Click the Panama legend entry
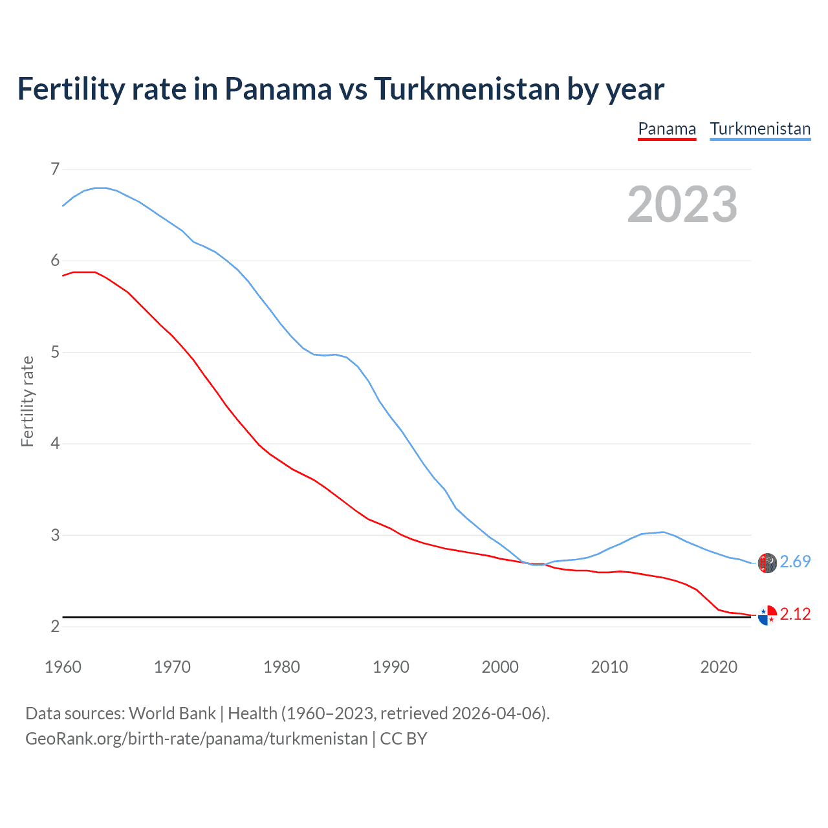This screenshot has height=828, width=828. pos(667,129)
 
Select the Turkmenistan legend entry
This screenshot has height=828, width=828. pos(760,129)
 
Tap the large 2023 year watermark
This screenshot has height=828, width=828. pos(682,204)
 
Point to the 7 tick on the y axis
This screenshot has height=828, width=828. pos(55,169)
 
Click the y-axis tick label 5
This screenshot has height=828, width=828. pos(55,353)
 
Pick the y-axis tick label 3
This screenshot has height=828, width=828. pos(55,536)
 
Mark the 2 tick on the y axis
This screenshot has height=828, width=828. pos(55,627)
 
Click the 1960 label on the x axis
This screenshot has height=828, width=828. pos(63,667)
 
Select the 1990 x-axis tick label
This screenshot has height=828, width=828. pos(391,667)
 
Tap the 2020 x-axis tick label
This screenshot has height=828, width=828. pos(719,667)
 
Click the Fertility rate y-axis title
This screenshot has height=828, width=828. pos(27,401)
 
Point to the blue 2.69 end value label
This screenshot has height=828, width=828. pos(795,562)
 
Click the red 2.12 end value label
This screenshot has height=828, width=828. pos(795,615)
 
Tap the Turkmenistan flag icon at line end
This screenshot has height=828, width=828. pos(767,563)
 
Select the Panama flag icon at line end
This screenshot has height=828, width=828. pos(767,615)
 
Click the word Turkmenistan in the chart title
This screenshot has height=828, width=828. pos(466,89)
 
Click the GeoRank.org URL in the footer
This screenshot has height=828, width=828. pos(196,739)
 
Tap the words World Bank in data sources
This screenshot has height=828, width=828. pos(172,714)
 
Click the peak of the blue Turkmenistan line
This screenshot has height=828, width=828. pos(100,188)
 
